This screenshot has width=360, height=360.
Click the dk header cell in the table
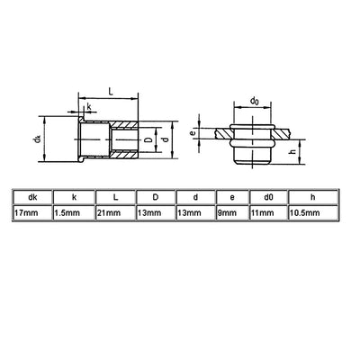pos(32,197)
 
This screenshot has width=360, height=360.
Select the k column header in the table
pos(74,197)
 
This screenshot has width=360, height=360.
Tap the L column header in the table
pos(115,197)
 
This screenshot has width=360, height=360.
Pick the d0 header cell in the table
pos(268,197)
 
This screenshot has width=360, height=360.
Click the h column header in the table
pos(313,197)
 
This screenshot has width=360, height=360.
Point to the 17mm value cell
pos(32,213)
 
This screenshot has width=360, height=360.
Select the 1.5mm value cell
pos(74,213)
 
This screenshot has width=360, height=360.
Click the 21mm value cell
pos(115,213)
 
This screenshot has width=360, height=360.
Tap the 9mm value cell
pos(232,213)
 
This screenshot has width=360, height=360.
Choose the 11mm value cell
pos(268,213)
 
